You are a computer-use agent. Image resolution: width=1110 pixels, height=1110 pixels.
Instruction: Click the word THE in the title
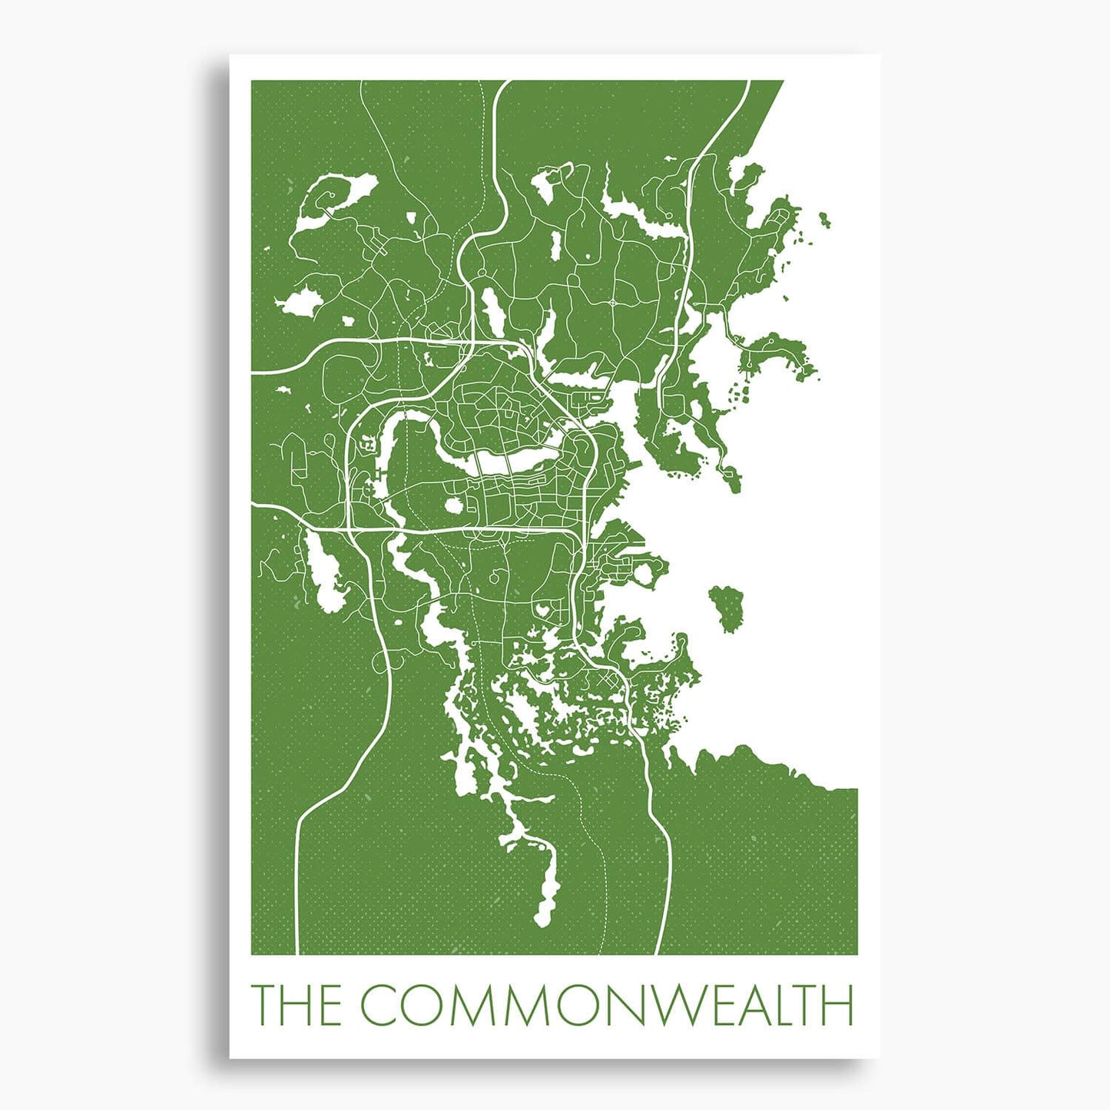[297, 1004]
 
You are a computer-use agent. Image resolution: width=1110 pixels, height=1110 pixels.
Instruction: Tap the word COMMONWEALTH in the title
[607, 1004]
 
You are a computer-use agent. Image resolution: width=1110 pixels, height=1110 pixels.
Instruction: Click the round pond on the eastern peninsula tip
[655, 569]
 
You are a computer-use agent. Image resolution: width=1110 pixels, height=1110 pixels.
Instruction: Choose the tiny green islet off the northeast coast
[824, 220]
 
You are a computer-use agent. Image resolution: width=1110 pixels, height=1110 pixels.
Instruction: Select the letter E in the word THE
[327, 1004]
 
